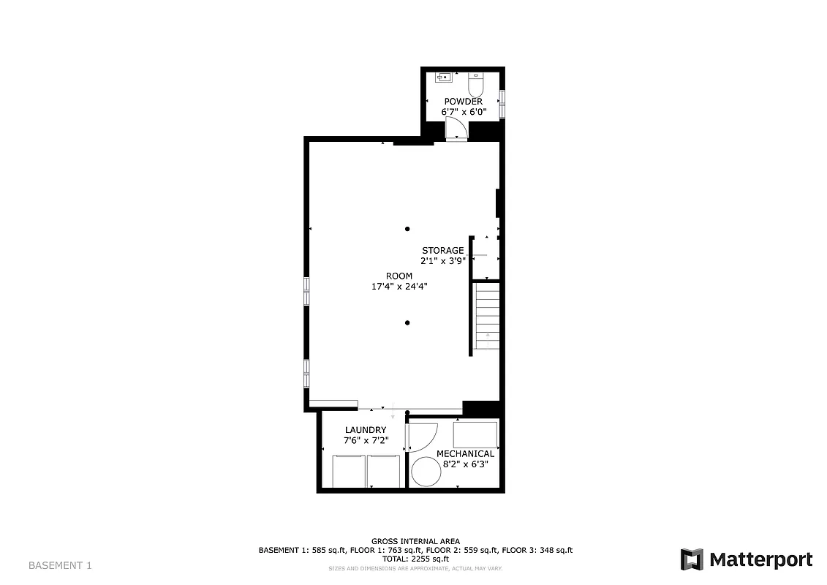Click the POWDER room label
click(463, 102)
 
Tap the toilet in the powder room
click(476, 80)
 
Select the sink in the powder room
click(443, 76)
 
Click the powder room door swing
click(454, 127)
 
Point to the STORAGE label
click(442, 250)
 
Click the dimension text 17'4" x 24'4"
click(399, 287)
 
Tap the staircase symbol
click(487, 318)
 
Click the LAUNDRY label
click(366, 430)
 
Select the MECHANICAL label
click(465, 453)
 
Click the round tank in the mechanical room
click(426, 472)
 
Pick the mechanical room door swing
click(421, 437)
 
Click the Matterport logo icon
click(692, 559)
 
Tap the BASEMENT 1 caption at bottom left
click(60, 565)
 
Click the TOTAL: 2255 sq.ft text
click(415, 559)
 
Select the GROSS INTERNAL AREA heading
click(415, 541)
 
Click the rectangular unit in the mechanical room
click(475, 435)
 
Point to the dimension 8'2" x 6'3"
click(462, 464)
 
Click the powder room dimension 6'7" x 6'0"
click(463, 112)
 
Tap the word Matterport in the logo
click(760, 560)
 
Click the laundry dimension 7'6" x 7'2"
click(366, 440)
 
